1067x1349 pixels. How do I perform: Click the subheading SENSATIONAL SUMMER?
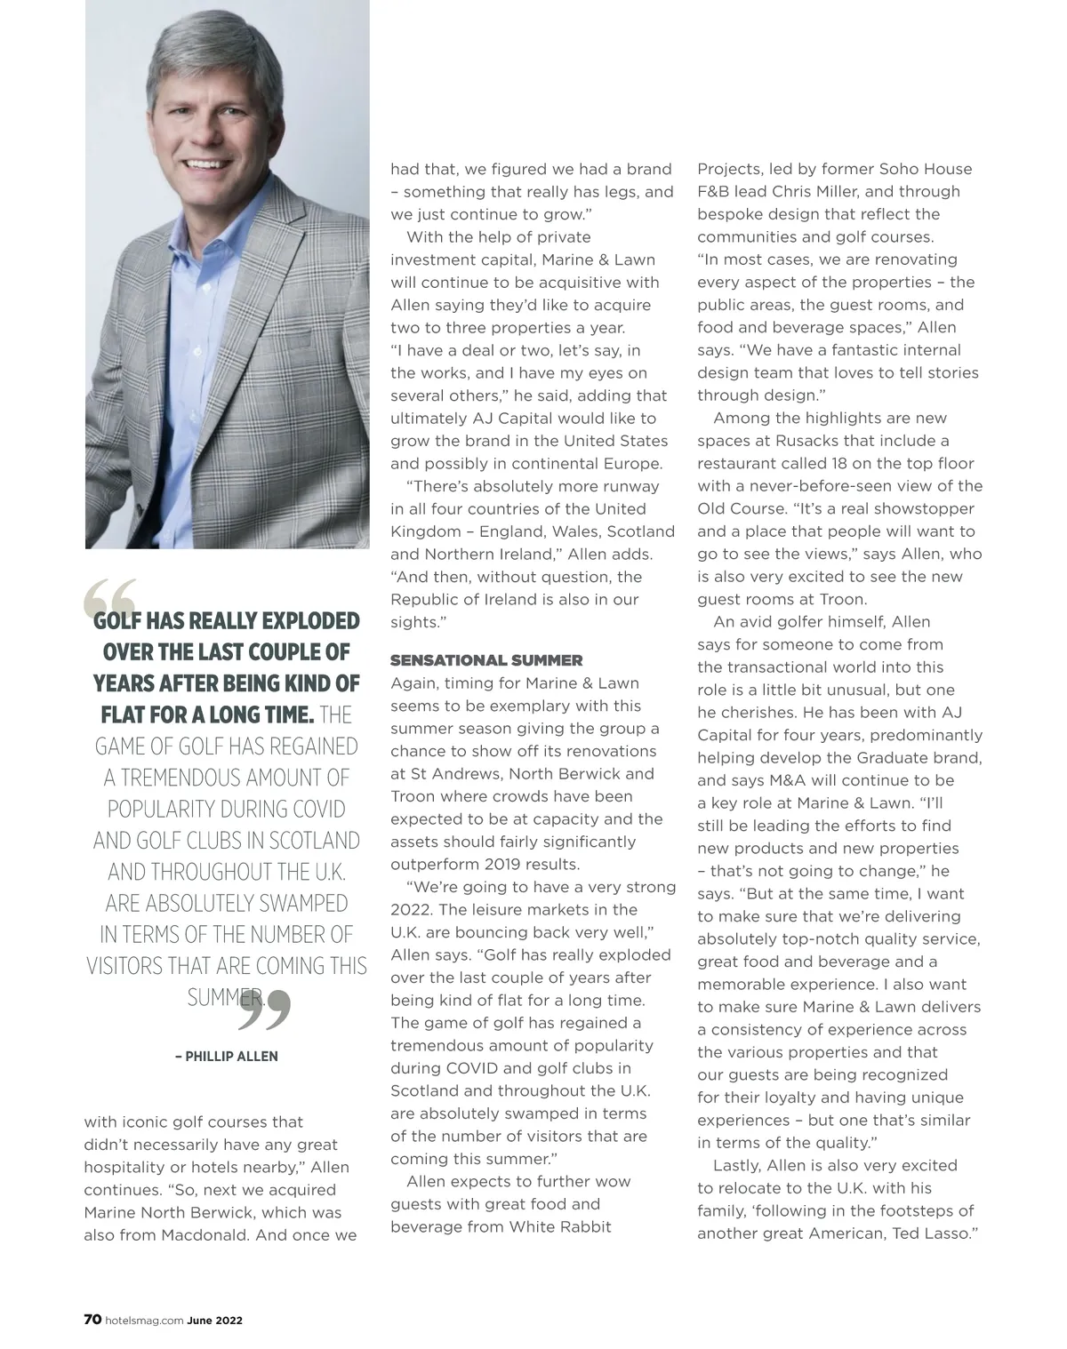point(486,660)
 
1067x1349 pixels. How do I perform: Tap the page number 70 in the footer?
point(92,1320)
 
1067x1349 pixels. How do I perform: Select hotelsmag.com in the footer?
point(144,1321)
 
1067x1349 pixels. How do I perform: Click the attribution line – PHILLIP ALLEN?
point(227,1057)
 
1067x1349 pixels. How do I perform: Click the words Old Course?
point(734,509)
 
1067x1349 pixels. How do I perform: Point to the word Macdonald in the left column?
point(202,1235)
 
